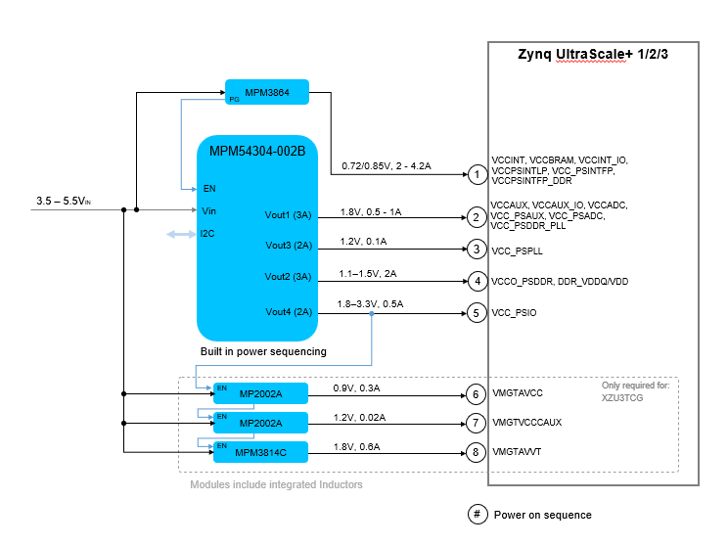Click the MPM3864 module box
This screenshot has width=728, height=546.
[267, 92]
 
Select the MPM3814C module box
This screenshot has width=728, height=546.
[260, 451]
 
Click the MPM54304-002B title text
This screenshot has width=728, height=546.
[257, 151]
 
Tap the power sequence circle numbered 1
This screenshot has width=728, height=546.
[476, 174]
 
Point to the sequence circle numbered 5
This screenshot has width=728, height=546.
[476, 313]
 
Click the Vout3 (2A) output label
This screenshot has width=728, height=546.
[288, 245]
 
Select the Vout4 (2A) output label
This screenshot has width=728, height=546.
[288, 312]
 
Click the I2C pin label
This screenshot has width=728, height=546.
[207, 234]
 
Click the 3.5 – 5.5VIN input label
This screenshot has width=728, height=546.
[63, 201]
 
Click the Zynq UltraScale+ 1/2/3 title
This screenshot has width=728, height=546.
[592, 55]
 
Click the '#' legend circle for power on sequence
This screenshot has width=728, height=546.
[477, 515]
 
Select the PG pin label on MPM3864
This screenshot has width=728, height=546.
[233, 100]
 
